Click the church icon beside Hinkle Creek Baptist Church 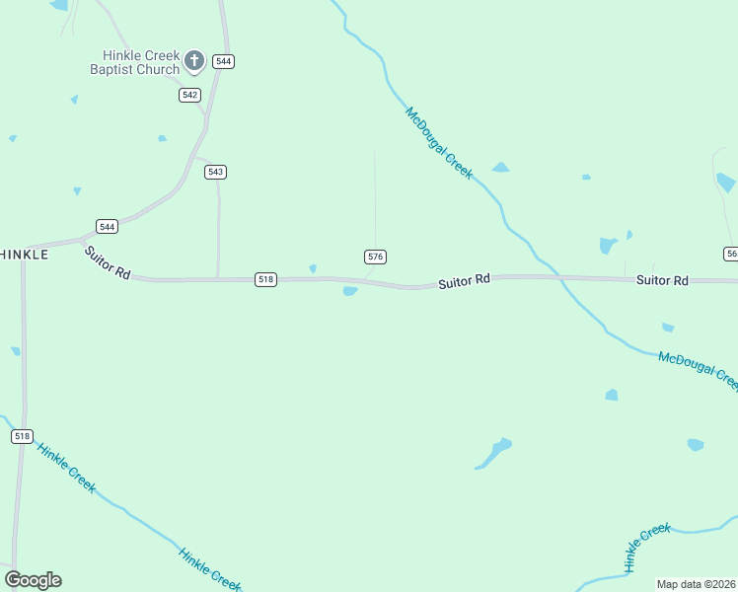(x=195, y=61)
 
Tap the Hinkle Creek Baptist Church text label (x=135, y=62)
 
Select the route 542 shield (x=190, y=95)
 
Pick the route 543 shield (x=216, y=172)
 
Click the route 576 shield (x=375, y=257)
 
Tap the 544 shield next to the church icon (x=224, y=61)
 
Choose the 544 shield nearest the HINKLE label (x=108, y=226)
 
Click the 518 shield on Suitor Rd (x=265, y=279)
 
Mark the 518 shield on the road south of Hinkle (x=23, y=436)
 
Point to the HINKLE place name (x=24, y=254)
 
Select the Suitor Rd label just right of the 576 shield (x=464, y=281)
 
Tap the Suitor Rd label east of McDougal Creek (x=662, y=280)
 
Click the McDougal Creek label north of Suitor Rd (x=439, y=142)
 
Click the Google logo (x=33, y=580)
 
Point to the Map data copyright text (x=696, y=584)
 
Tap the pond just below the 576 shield (x=350, y=291)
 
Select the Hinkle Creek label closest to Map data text (x=647, y=548)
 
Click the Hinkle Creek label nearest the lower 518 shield (x=67, y=468)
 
